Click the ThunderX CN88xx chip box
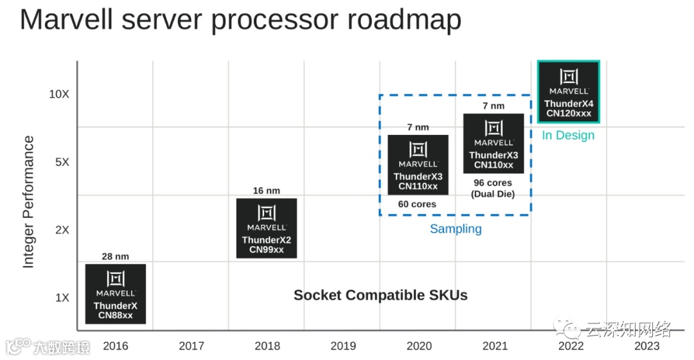pos(116,294)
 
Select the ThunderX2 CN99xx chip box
pos(267,228)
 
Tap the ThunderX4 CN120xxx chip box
pos(569,91)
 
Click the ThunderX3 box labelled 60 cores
pos(418,165)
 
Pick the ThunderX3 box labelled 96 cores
pos(494,143)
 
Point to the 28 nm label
pos(116,256)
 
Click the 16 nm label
pos(267,191)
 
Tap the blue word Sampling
pos(456,229)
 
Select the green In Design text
pos(569,135)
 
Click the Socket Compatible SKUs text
pos(380,295)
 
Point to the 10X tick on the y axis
pos(59,94)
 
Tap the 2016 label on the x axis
pos(116,346)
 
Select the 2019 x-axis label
pos(343,346)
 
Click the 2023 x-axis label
pos(646,346)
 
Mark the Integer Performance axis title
pos(28,202)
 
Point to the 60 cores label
pos(417,204)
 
